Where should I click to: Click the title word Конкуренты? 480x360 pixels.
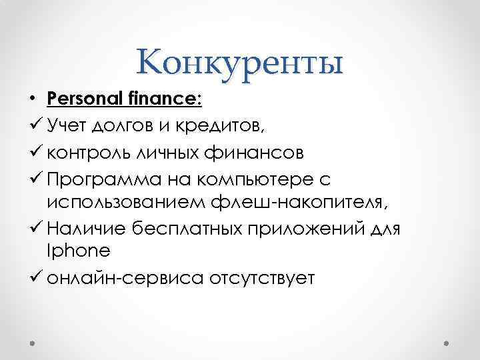pyautogui.click(x=240, y=64)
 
